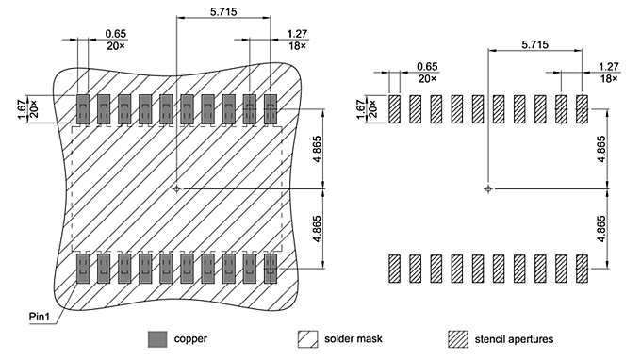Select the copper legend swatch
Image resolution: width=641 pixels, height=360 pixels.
pyautogui.click(x=158, y=337)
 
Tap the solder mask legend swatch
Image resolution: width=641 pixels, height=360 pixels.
pyautogui.click(x=308, y=337)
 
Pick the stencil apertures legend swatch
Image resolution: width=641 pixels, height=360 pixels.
pyautogui.click(x=458, y=337)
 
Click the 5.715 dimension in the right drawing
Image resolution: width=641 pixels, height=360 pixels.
pyautogui.click(x=534, y=44)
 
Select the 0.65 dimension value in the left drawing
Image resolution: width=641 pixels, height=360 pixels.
pyautogui.click(x=116, y=34)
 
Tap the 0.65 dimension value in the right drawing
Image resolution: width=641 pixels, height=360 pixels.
pyautogui.click(x=427, y=67)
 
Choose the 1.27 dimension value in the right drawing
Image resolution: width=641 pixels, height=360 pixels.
pyautogui.click(x=609, y=67)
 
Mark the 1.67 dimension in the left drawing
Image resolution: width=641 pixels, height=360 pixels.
pyautogui.click(x=24, y=109)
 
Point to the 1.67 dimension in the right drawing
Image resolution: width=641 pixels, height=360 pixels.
pyautogui.click(x=361, y=109)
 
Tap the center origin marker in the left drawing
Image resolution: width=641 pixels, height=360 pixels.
pyautogui.click(x=176, y=188)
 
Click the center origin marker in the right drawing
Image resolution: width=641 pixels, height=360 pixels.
pyautogui.click(x=487, y=188)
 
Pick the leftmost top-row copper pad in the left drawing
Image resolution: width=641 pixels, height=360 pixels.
pyautogui.click(x=82, y=110)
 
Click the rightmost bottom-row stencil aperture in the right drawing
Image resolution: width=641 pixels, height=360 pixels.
pyautogui.click(x=582, y=269)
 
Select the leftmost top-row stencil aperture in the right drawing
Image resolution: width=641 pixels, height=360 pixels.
pyautogui.click(x=394, y=110)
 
